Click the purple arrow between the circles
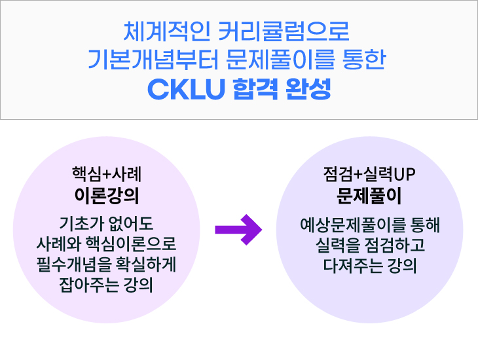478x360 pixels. pos(238,228)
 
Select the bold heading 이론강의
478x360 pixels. pos(107,195)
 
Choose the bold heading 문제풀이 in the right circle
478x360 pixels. pos(370,195)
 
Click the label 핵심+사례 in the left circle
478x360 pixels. pos(107,175)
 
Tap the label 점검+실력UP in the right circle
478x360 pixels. pos(370,175)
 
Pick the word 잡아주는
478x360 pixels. pos(86,287)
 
